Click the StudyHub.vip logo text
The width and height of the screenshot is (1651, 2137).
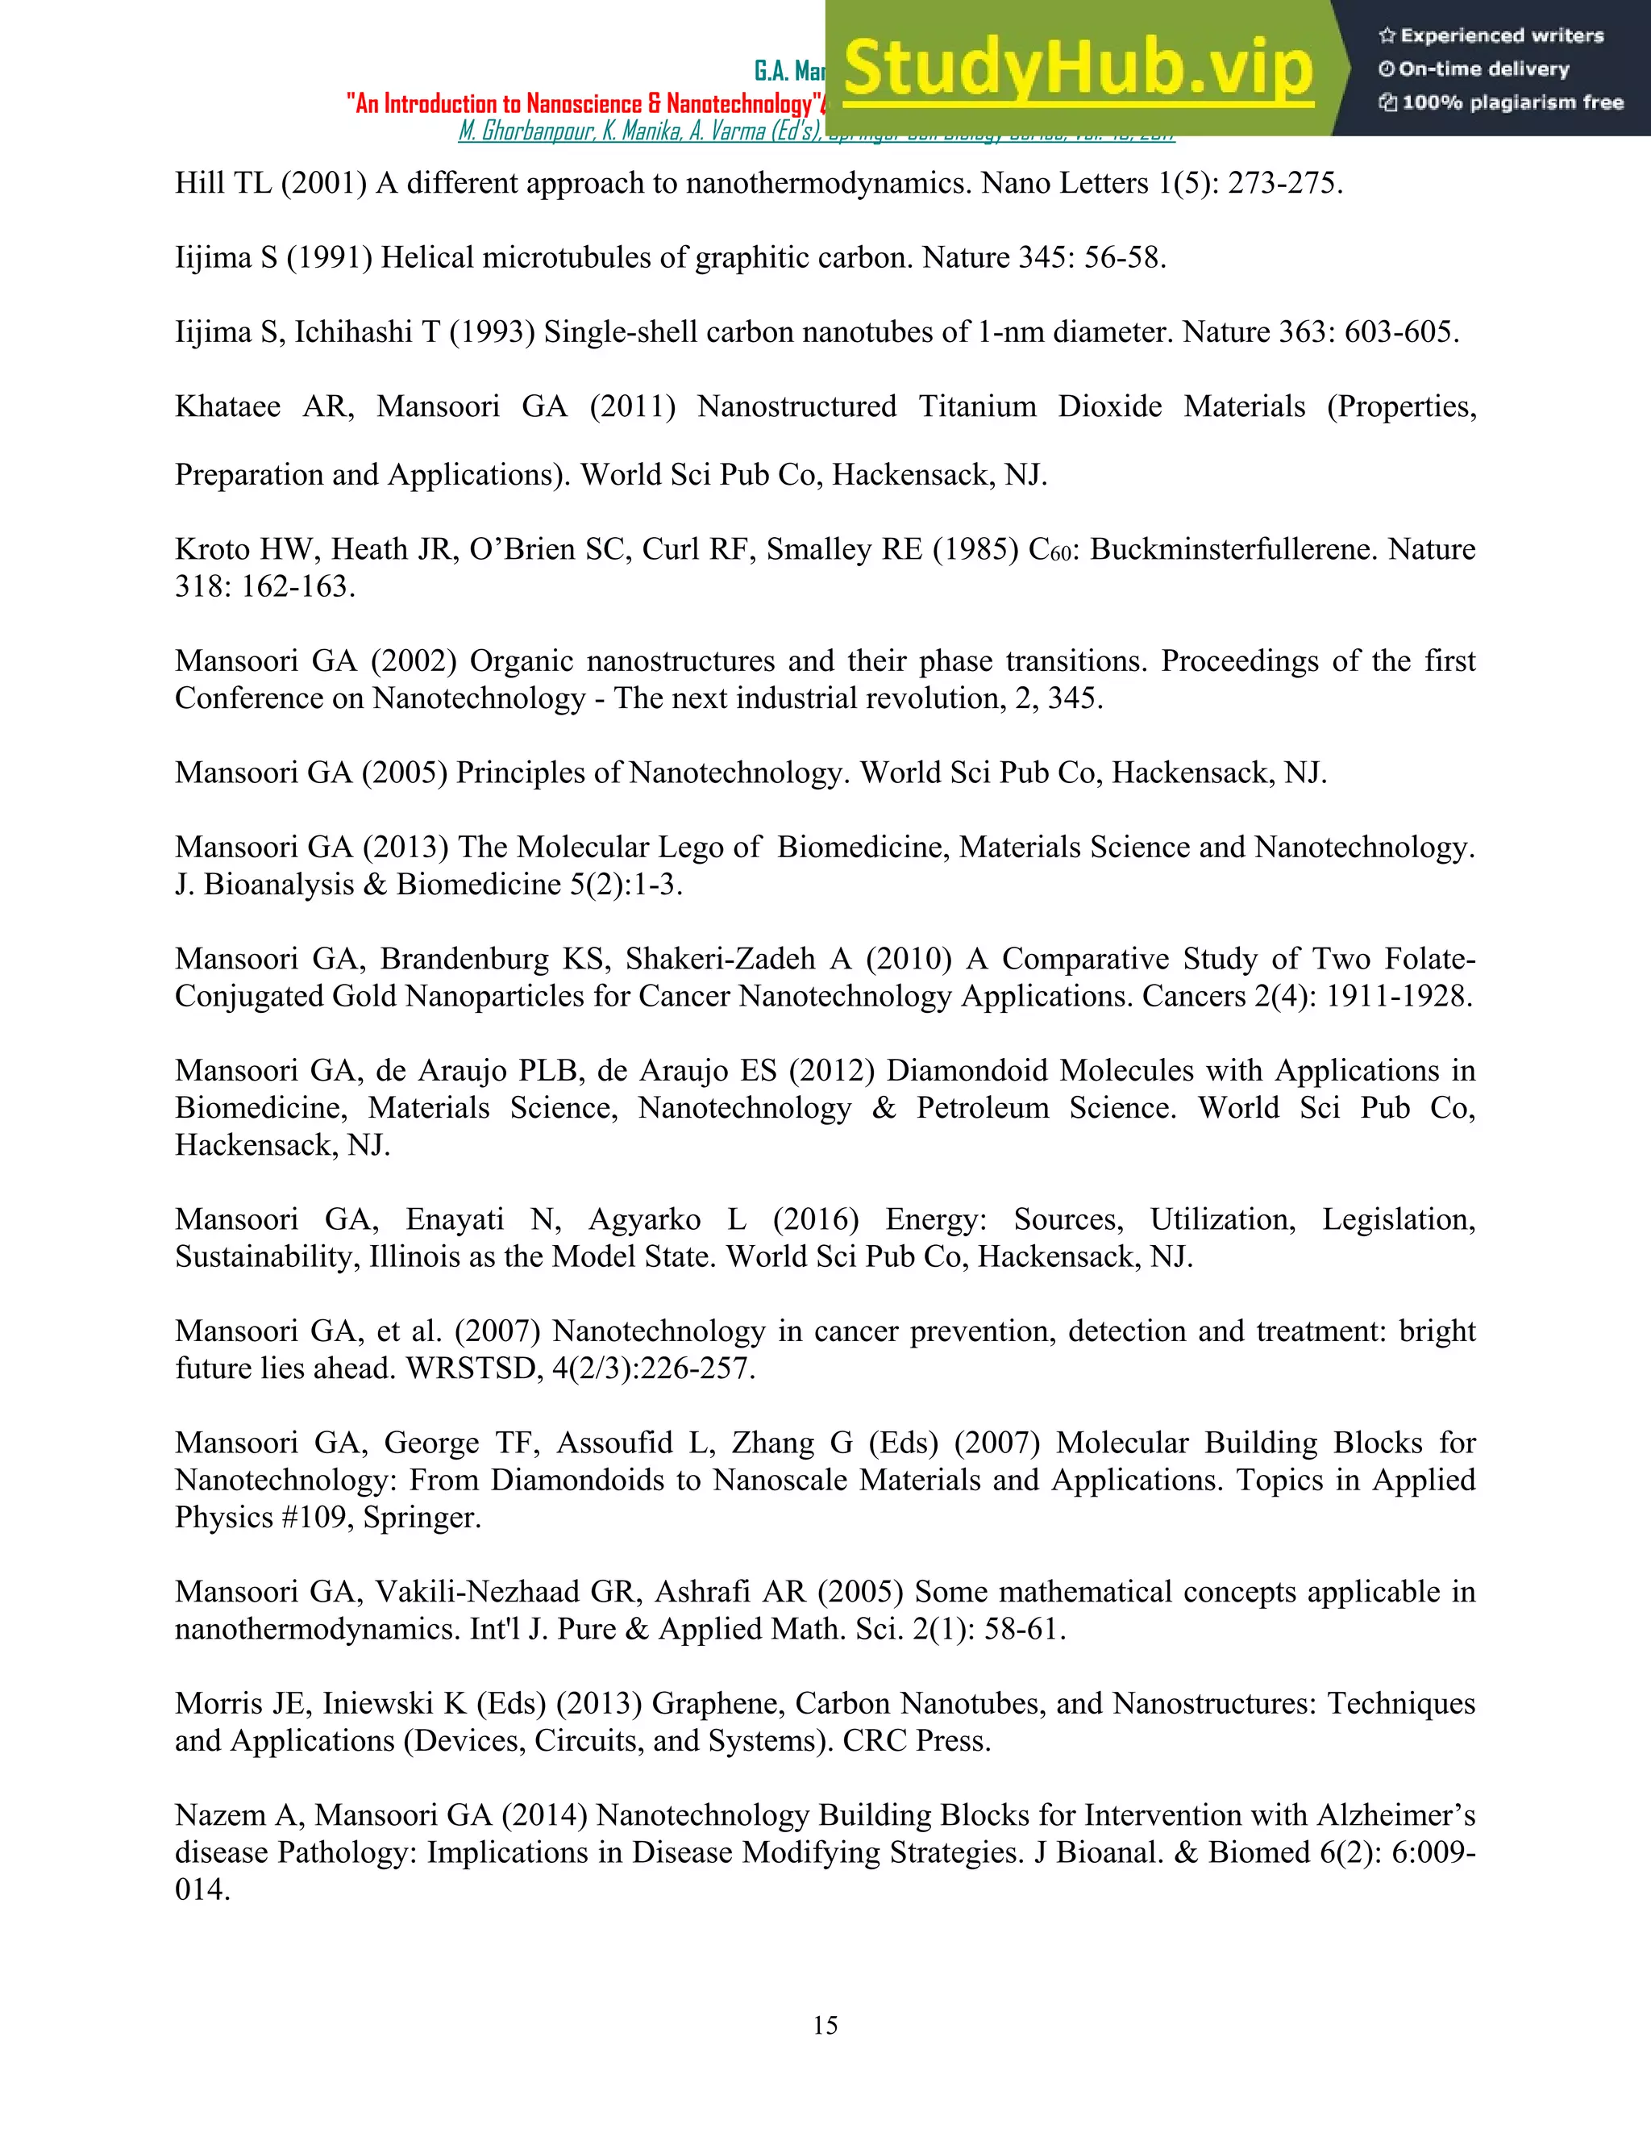pyautogui.click(x=1077, y=69)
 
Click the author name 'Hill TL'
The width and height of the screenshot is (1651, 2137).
pyautogui.click(x=222, y=184)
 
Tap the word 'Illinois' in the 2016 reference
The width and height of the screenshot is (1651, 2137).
pyautogui.click(x=414, y=1256)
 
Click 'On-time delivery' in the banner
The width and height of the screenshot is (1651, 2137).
pyautogui.click(x=1484, y=69)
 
